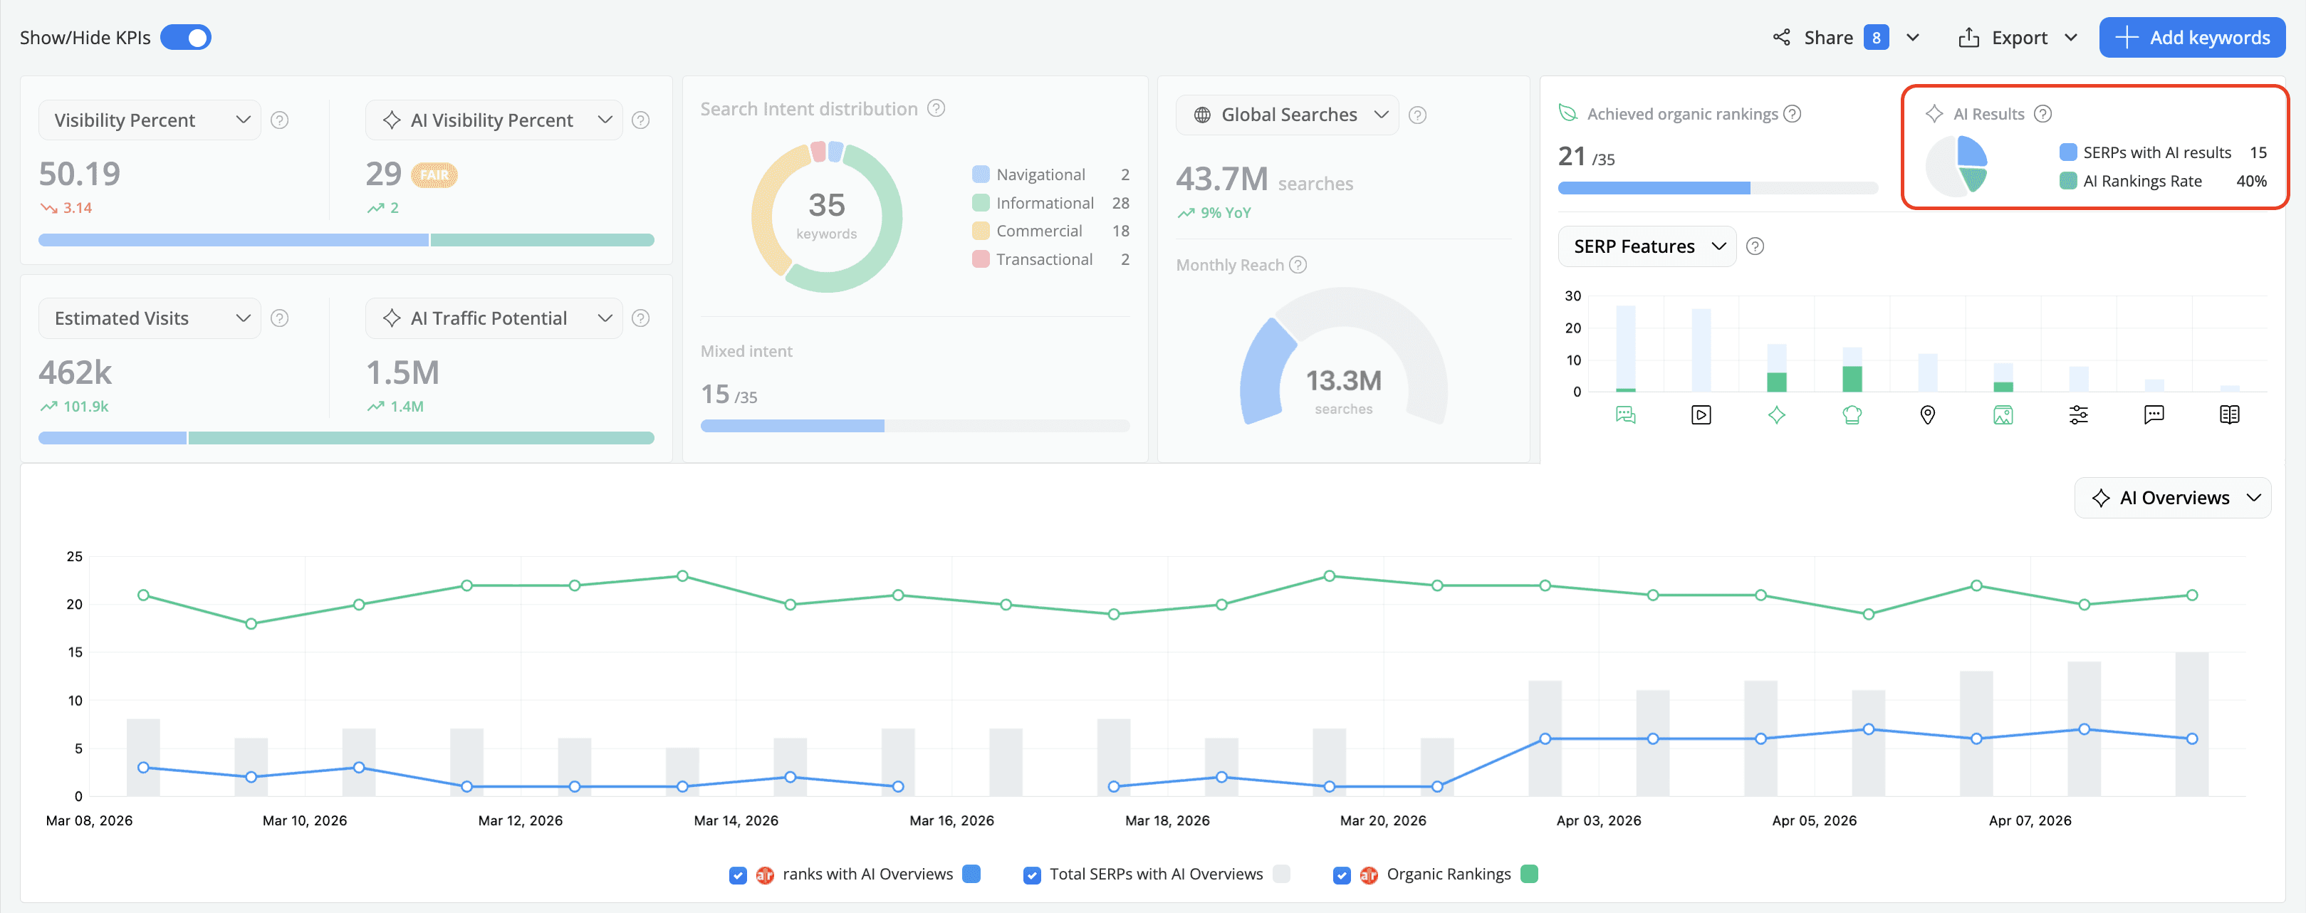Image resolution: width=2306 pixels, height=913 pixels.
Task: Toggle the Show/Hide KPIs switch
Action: pyautogui.click(x=185, y=38)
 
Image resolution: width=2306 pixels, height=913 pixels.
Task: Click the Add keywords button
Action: pyautogui.click(x=2191, y=38)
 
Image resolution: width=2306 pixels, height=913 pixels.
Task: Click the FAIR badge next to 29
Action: pyautogui.click(x=434, y=174)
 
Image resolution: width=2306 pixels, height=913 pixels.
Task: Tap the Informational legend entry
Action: pyautogui.click(x=1044, y=203)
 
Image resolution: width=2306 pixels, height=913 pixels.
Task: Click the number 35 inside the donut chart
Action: pyautogui.click(x=826, y=205)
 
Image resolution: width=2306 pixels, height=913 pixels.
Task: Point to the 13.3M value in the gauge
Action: pyautogui.click(x=1342, y=381)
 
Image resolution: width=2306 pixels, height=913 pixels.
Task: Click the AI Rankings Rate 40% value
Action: pyautogui.click(x=2250, y=181)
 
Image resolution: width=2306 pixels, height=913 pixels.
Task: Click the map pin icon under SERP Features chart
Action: pyautogui.click(x=1927, y=414)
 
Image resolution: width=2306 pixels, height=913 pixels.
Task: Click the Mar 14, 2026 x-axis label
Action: pyautogui.click(x=736, y=820)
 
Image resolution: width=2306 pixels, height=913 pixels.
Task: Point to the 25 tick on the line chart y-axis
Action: pyautogui.click(x=74, y=556)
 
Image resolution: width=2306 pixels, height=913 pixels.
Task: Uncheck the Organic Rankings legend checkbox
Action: pyautogui.click(x=1341, y=875)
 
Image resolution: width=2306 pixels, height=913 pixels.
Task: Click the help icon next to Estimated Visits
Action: pyautogui.click(x=279, y=318)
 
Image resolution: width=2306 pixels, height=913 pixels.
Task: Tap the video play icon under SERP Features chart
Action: pyautogui.click(x=1701, y=414)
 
